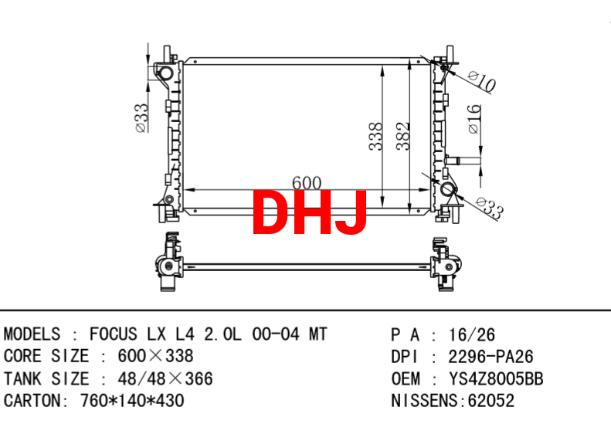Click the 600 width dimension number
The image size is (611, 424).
[307, 182]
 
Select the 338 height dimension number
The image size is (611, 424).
[376, 136]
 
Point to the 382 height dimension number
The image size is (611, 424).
[403, 136]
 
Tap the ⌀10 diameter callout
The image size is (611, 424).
[483, 81]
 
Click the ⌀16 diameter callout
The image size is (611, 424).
[474, 119]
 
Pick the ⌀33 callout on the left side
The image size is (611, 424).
[142, 117]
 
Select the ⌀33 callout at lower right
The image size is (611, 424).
[490, 206]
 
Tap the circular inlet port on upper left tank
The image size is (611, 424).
[165, 73]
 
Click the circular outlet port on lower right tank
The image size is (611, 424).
[447, 189]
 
